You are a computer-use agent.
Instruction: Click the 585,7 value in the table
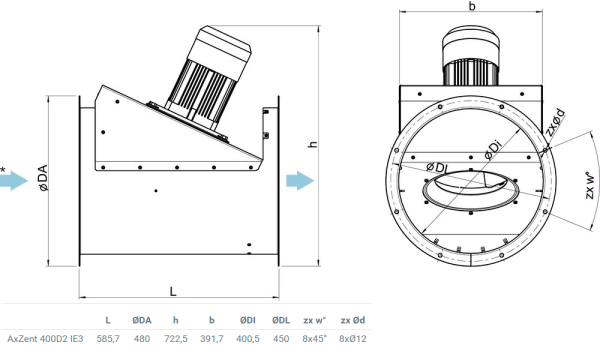(x=108, y=339)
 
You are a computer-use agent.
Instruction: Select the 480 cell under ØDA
(x=142, y=339)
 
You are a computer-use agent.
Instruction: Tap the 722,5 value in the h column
(x=176, y=339)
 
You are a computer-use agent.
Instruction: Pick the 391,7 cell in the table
(x=212, y=339)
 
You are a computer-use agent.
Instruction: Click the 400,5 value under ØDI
(x=248, y=339)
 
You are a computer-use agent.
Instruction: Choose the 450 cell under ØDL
(x=281, y=339)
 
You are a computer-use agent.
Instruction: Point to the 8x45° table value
(x=315, y=339)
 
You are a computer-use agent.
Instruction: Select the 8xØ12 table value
(x=353, y=339)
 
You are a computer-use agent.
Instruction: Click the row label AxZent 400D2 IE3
(x=45, y=339)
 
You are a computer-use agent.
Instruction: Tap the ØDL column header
(x=281, y=320)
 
